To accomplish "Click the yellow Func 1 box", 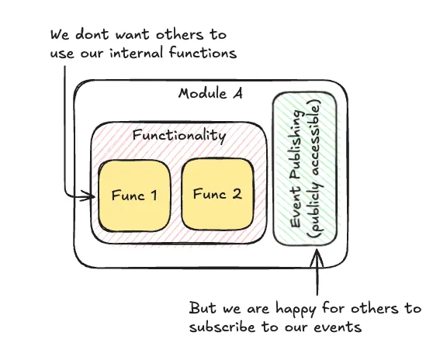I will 134,195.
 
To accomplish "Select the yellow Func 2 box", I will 217,195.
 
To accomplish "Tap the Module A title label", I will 210,94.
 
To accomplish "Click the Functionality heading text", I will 178,136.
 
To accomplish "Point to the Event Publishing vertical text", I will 296,179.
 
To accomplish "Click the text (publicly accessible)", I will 314,179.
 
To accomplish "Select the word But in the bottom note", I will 203,308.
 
